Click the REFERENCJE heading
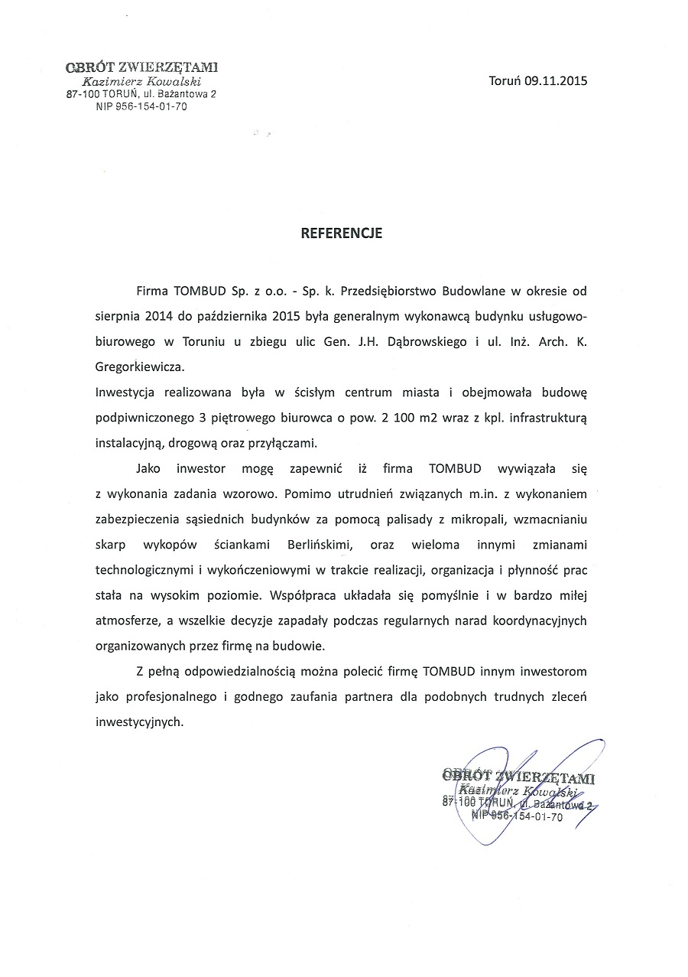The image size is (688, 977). coord(341,233)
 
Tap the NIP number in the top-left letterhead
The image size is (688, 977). coord(141,107)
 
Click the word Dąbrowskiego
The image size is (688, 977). coord(424,341)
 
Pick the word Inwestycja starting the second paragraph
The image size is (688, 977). coord(125,392)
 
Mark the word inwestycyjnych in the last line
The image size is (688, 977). coord(140,721)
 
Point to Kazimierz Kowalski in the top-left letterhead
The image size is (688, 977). coord(141,82)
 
